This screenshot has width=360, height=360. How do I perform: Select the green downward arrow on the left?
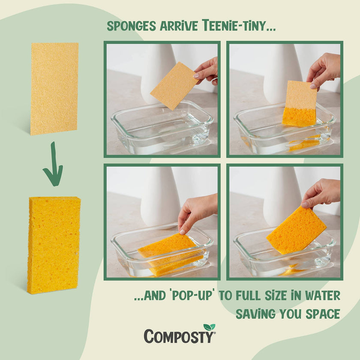click(x=53, y=165)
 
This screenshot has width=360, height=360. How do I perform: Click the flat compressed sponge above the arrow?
click(x=54, y=88)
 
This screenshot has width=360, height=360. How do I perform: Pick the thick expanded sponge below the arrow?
click(x=54, y=245)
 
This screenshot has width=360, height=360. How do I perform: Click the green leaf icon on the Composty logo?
click(x=209, y=327)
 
